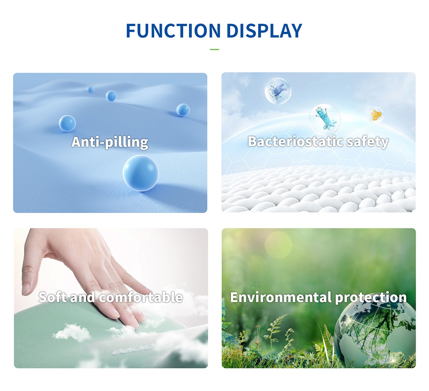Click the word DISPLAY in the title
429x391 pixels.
coord(264,31)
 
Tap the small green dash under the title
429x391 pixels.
coord(214,49)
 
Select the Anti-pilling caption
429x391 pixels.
coord(110,142)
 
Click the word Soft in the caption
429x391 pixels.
coord(53,297)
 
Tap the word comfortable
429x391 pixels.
coord(141,297)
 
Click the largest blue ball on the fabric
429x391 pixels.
coord(141,173)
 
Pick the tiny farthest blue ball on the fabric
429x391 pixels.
coord(90,90)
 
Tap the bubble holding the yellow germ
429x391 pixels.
coord(375,115)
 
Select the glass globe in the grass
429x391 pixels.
coord(375,330)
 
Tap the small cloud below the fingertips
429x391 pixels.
coord(72,332)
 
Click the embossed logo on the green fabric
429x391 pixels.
coord(133,349)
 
